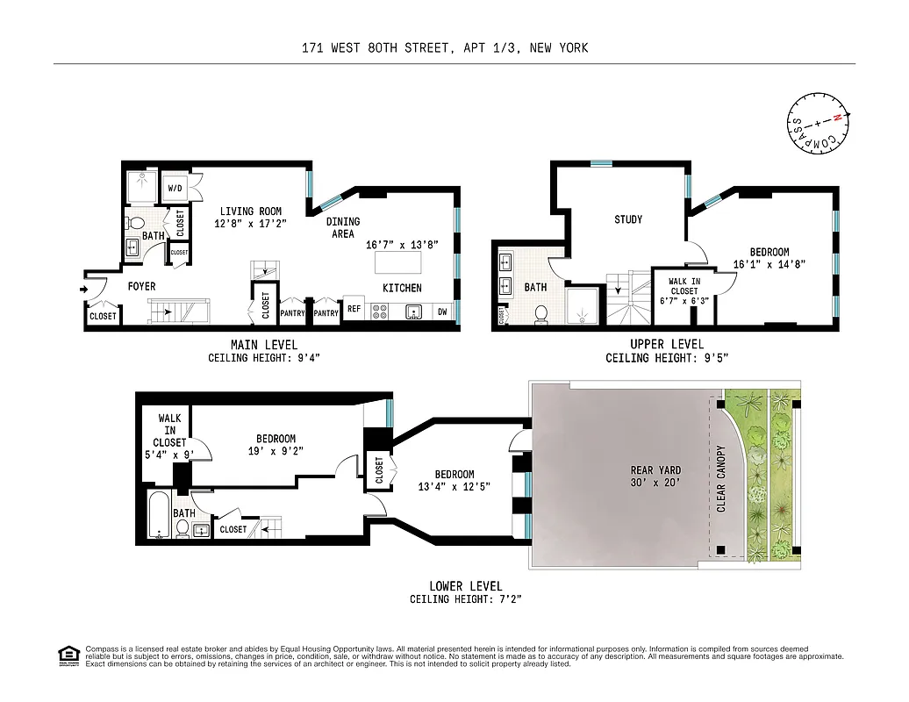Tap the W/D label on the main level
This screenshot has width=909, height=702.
coord(175,188)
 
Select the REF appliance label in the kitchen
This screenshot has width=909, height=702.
coord(354,309)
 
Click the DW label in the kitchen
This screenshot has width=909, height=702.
coord(441,311)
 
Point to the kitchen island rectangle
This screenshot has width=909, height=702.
coord(397,262)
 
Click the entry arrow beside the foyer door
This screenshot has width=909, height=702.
coord(84,288)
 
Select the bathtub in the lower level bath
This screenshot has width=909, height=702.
coord(158,514)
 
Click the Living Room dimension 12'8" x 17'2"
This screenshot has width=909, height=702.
coord(251,224)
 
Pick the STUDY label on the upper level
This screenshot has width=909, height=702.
coord(628,219)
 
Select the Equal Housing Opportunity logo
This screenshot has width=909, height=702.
coord(67,655)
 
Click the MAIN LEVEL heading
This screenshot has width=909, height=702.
coord(263,344)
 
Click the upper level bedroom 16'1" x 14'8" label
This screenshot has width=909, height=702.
coord(769,257)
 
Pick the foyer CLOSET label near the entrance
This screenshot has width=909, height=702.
coord(103,316)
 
